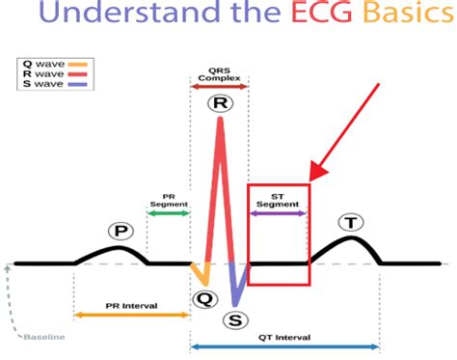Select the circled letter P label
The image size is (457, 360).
tap(121, 232)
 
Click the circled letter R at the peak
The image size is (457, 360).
tap(220, 103)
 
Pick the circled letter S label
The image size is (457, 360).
tap(234, 320)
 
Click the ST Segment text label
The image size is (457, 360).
tap(278, 198)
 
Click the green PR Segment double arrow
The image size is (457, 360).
tap(169, 212)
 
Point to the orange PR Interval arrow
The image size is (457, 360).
tap(131, 316)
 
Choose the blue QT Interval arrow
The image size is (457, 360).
tap(284, 346)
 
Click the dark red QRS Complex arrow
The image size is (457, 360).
tap(220, 86)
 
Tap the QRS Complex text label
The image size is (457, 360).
tap(220, 73)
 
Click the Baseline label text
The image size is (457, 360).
tap(45, 337)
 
